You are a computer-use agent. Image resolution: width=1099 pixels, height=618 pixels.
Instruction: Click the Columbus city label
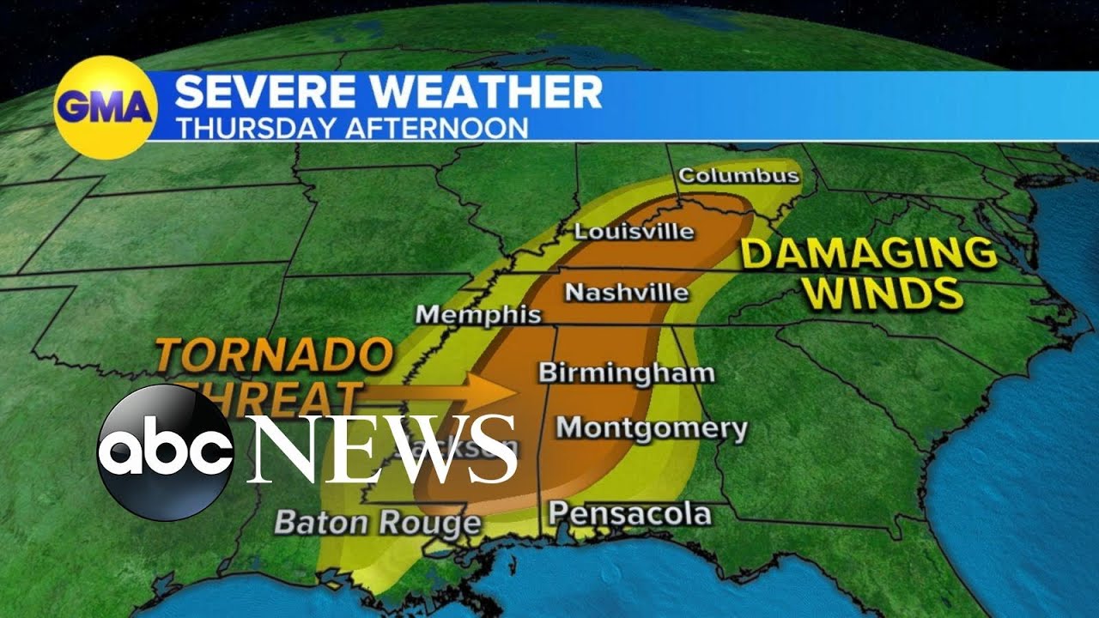(738, 176)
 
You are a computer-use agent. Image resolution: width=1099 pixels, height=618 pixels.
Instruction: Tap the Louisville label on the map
(634, 231)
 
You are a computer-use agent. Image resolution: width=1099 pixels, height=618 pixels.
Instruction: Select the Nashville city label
(627, 293)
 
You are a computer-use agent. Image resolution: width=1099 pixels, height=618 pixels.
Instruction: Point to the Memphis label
(478, 315)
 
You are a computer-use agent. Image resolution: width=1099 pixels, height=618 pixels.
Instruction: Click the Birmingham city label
(626, 373)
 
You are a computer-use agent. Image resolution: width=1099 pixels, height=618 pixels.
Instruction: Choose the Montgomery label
(652, 427)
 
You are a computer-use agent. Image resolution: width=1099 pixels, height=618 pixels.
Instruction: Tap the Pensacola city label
(630, 513)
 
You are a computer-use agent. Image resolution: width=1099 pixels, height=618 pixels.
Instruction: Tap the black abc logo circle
(165, 451)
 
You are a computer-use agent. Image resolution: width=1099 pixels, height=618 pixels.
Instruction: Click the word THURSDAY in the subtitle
(258, 128)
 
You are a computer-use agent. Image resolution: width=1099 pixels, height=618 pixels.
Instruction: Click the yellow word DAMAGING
(869, 254)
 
